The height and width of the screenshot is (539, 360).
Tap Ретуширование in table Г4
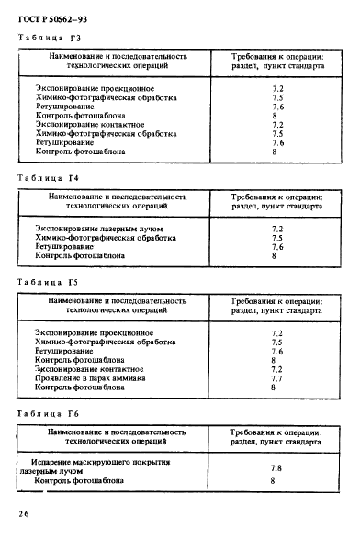[x=64, y=246]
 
